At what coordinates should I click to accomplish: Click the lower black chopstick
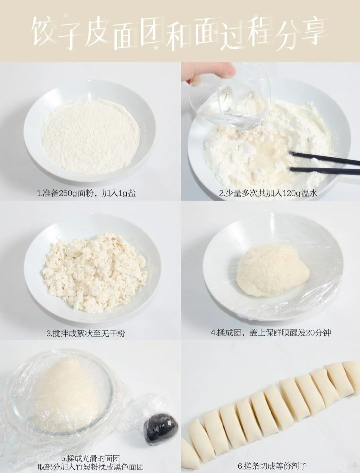coord(324,171)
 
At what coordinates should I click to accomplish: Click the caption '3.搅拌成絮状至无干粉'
coord(86,333)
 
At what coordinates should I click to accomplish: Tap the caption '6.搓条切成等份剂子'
coord(272,466)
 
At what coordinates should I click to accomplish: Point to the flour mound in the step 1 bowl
coord(91,138)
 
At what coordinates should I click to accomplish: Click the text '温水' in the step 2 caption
coord(309,193)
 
